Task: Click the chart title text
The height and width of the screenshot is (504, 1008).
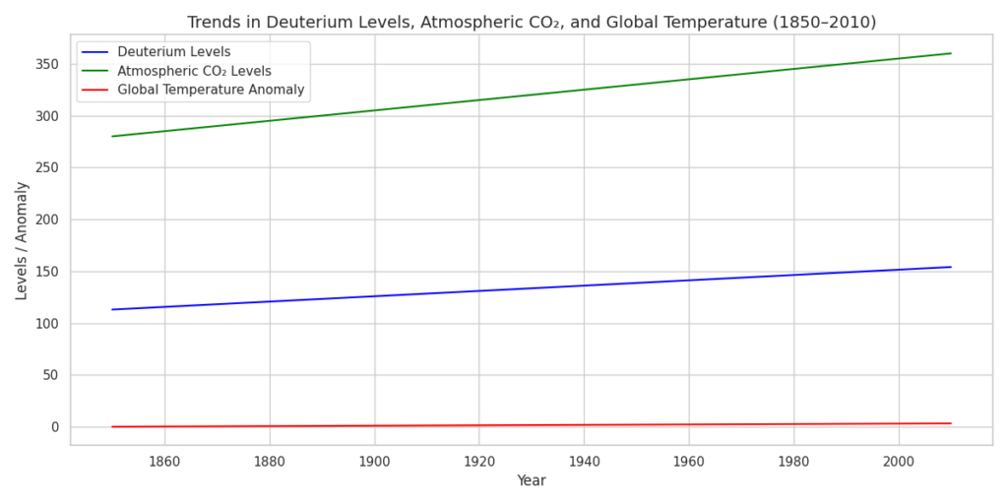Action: (x=532, y=22)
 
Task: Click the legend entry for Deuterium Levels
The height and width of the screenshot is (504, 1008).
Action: (x=173, y=52)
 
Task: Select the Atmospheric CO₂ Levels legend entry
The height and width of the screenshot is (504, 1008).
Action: (x=194, y=71)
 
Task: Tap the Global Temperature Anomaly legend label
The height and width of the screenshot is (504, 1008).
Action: (x=211, y=90)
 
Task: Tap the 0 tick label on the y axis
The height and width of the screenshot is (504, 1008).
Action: (x=55, y=427)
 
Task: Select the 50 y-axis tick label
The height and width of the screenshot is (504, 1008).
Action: (x=51, y=375)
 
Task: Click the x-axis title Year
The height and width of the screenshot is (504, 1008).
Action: (x=532, y=481)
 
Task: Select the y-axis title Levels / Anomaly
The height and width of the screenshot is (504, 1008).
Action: (x=22, y=240)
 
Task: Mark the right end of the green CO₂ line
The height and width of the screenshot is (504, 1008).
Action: (x=951, y=53)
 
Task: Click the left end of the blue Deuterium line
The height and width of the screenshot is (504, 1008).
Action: (x=112, y=309)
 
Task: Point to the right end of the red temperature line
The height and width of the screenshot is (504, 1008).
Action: (x=951, y=423)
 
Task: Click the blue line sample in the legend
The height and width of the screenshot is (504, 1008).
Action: (x=95, y=52)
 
